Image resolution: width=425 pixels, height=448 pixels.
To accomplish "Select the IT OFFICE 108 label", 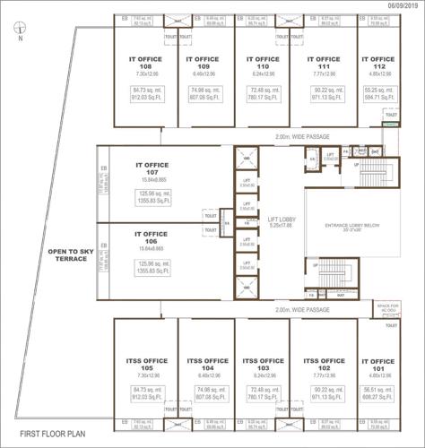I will (x=145, y=64).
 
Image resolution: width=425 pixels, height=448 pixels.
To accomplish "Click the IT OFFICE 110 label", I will (x=262, y=64).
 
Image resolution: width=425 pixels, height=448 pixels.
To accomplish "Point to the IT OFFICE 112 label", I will (x=377, y=64).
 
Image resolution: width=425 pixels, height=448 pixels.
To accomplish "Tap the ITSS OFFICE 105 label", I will (x=145, y=363).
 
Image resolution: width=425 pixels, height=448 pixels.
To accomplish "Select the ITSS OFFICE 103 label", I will (x=262, y=363).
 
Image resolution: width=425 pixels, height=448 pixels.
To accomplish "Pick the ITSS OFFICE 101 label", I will (x=377, y=363).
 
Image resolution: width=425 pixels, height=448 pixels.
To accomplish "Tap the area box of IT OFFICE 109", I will (x=204, y=93).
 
